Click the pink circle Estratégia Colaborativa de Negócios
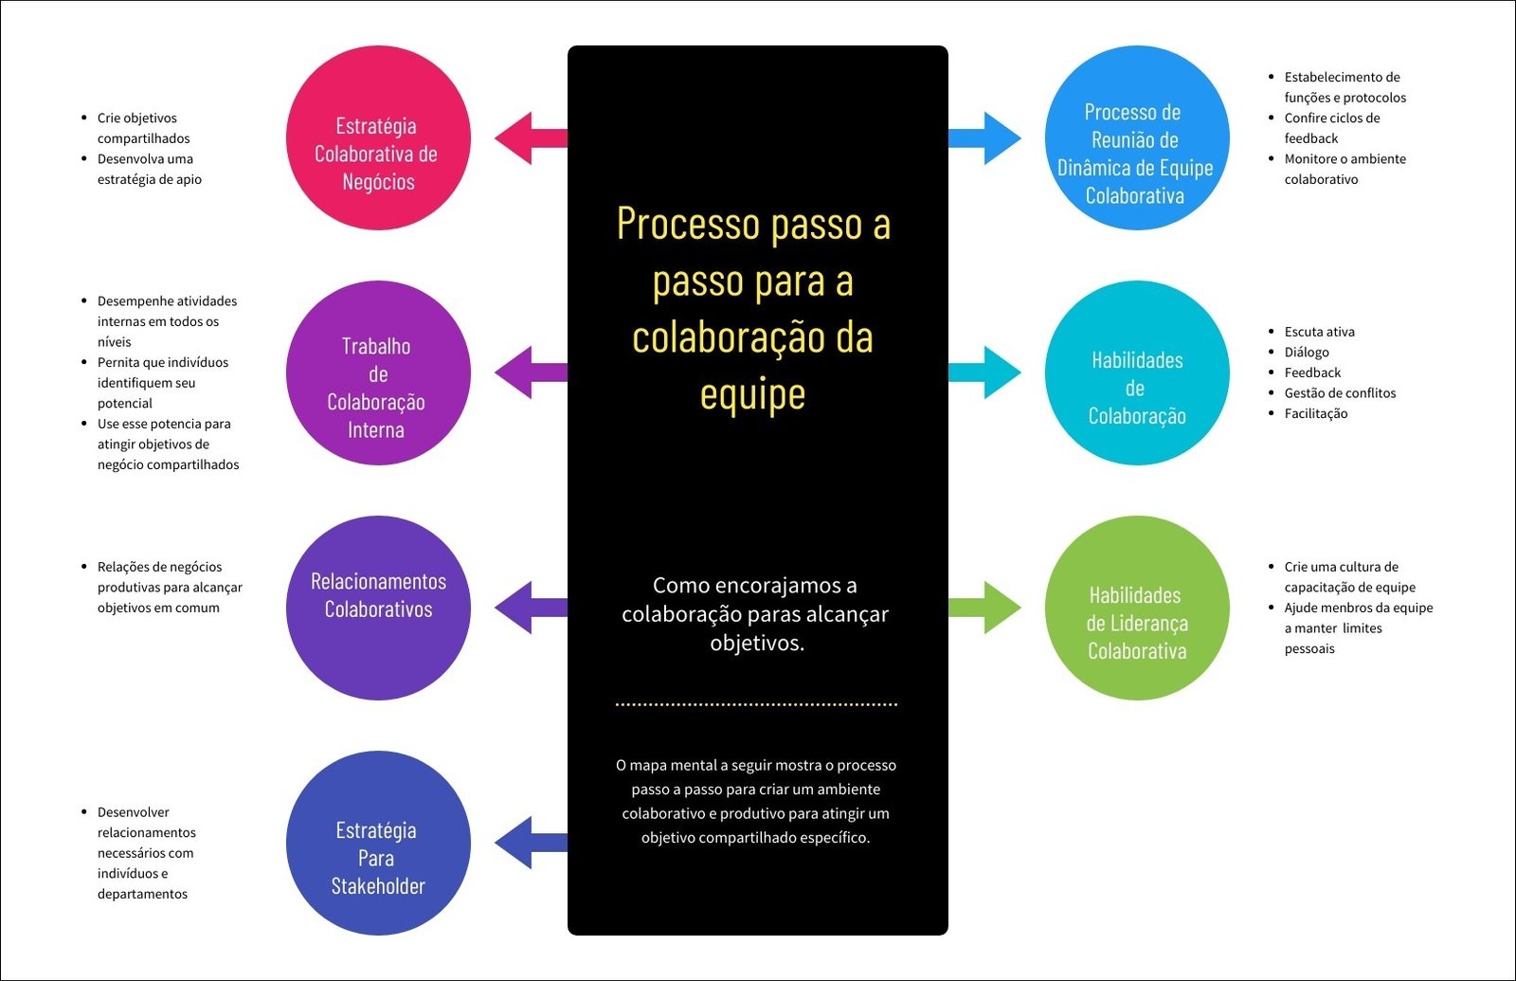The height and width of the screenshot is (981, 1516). (378, 138)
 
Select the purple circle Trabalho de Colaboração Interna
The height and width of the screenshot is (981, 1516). (378, 372)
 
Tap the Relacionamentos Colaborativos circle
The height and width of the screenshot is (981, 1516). (378, 608)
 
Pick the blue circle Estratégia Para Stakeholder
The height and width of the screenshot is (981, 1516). (378, 843)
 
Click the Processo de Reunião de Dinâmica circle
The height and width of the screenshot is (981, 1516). (1137, 138)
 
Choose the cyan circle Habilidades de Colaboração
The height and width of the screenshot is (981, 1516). (1137, 372)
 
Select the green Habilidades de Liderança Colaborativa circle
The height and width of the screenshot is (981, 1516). (1137, 608)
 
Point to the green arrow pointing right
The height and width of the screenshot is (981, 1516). (987, 608)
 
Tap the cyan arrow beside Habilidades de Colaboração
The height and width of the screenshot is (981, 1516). (987, 372)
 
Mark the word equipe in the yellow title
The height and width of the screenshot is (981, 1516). (752, 395)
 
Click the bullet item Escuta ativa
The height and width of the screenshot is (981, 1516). (1319, 332)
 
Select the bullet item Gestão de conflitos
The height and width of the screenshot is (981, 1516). (1340, 393)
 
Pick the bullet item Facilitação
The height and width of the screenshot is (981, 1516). (1315, 413)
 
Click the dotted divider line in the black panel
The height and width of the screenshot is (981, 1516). (756, 704)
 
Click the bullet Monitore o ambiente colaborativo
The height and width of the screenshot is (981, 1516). (1345, 169)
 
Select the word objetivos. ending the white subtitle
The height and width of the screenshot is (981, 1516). (757, 644)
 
